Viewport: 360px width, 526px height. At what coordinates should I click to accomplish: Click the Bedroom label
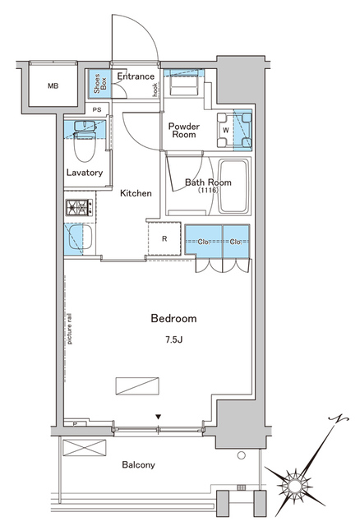pos(173,318)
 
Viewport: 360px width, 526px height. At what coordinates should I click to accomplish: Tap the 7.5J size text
pos(173,338)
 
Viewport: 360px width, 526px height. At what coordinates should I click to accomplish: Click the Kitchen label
pos(136,193)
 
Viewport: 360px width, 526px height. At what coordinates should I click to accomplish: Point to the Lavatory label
pos(85,173)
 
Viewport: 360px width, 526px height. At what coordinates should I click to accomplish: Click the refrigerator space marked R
pos(164,239)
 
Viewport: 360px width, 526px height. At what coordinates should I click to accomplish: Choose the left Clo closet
pos(203,242)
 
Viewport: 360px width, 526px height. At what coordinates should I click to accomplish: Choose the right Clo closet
pos(234,242)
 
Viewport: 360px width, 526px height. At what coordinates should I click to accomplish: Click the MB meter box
pos(53,85)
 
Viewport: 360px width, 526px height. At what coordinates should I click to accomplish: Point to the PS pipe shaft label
pos(97,109)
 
